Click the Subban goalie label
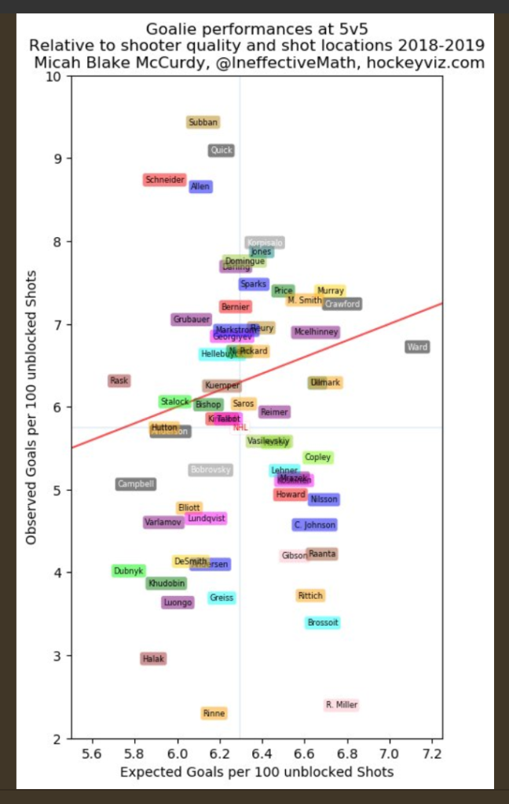click(x=203, y=122)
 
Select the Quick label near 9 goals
click(x=222, y=151)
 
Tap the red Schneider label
click(x=165, y=180)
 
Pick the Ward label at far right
click(x=417, y=347)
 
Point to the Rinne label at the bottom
click(x=214, y=713)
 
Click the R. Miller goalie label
click(x=341, y=705)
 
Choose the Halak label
click(x=153, y=659)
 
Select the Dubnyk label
click(x=128, y=571)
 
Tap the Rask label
click(x=119, y=381)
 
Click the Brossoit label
click(x=323, y=623)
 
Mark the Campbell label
click(x=136, y=484)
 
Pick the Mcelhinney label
click(x=316, y=332)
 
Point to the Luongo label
click(x=178, y=602)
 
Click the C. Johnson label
click(x=315, y=525)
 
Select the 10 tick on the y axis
click(x=54, y=77)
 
